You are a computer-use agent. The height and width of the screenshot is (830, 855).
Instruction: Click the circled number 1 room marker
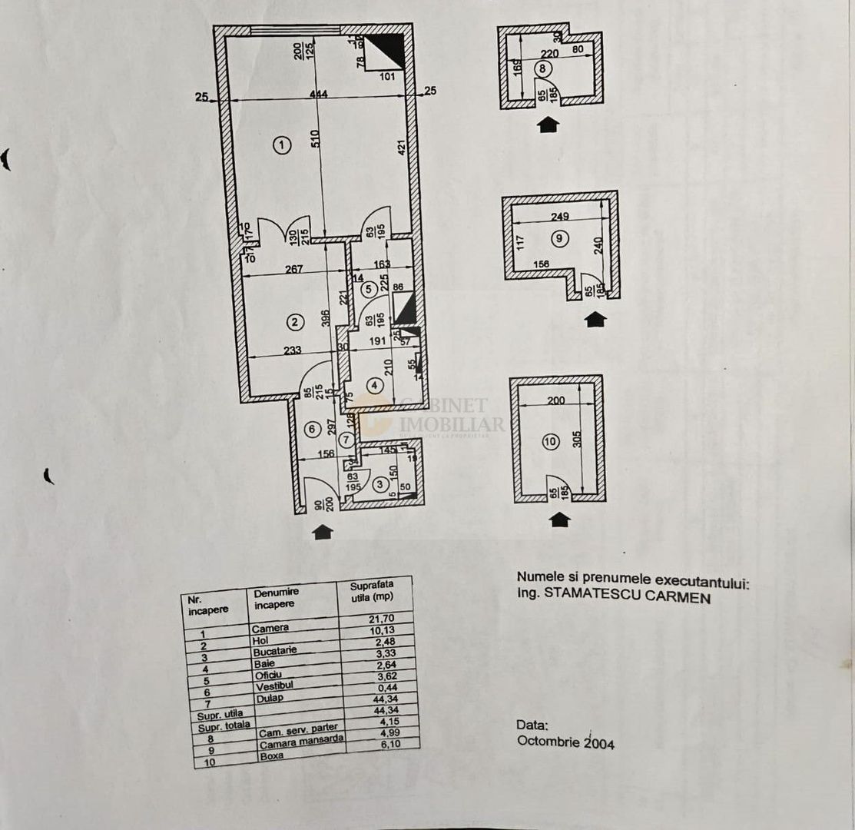point(283,144)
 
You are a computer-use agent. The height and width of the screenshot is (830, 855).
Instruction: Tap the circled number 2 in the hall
point(293,320)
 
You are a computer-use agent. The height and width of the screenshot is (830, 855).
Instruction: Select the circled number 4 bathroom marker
point(374,385)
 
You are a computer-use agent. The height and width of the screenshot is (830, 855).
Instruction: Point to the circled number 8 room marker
point(544,68)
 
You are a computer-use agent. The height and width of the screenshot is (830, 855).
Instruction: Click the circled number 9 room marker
point(558,238)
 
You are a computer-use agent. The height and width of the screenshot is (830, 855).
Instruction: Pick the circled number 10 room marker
point(550,442)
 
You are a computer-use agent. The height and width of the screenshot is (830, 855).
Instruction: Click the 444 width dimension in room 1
point(319,95)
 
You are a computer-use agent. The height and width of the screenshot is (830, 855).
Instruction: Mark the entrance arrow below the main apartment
point(323,532)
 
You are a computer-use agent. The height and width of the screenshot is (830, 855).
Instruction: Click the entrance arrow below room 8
point(548,124)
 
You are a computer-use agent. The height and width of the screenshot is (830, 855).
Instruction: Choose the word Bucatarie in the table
point(274,650)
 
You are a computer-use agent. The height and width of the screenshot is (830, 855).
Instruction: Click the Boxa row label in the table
point(271,755)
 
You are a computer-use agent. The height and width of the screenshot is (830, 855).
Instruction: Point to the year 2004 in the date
point(599,743)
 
